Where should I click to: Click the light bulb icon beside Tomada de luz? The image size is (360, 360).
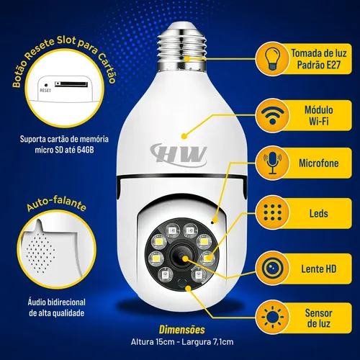coord(272,58)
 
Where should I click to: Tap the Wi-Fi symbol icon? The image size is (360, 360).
coord(272,116)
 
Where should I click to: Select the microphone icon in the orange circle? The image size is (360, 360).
coord(272,163)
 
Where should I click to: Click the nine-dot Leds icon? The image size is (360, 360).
coord(273,212)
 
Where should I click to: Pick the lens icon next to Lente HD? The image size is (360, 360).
coord(273,268)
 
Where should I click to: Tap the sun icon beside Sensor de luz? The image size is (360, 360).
coord(273,317)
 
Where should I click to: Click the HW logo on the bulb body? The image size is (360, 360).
coord(179,155)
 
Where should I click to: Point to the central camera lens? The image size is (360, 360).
coord(181,256)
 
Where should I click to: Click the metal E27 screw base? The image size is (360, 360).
coord(182,47)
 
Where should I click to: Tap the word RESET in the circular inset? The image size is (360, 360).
coord(45,91)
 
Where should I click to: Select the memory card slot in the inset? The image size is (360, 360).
coord(71,84)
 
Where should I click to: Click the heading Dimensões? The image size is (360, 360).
coord(182,330)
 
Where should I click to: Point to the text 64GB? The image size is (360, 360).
coord(86,150)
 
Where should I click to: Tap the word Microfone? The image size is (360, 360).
coord(319,163)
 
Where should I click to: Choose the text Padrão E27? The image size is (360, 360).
coord(319,65)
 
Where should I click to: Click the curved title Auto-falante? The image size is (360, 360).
coord(56,203)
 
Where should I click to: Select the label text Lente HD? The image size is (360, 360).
coord(319,269)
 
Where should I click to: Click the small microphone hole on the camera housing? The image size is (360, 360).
coord(212,222)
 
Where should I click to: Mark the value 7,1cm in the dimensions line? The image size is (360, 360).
coord(223,342)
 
